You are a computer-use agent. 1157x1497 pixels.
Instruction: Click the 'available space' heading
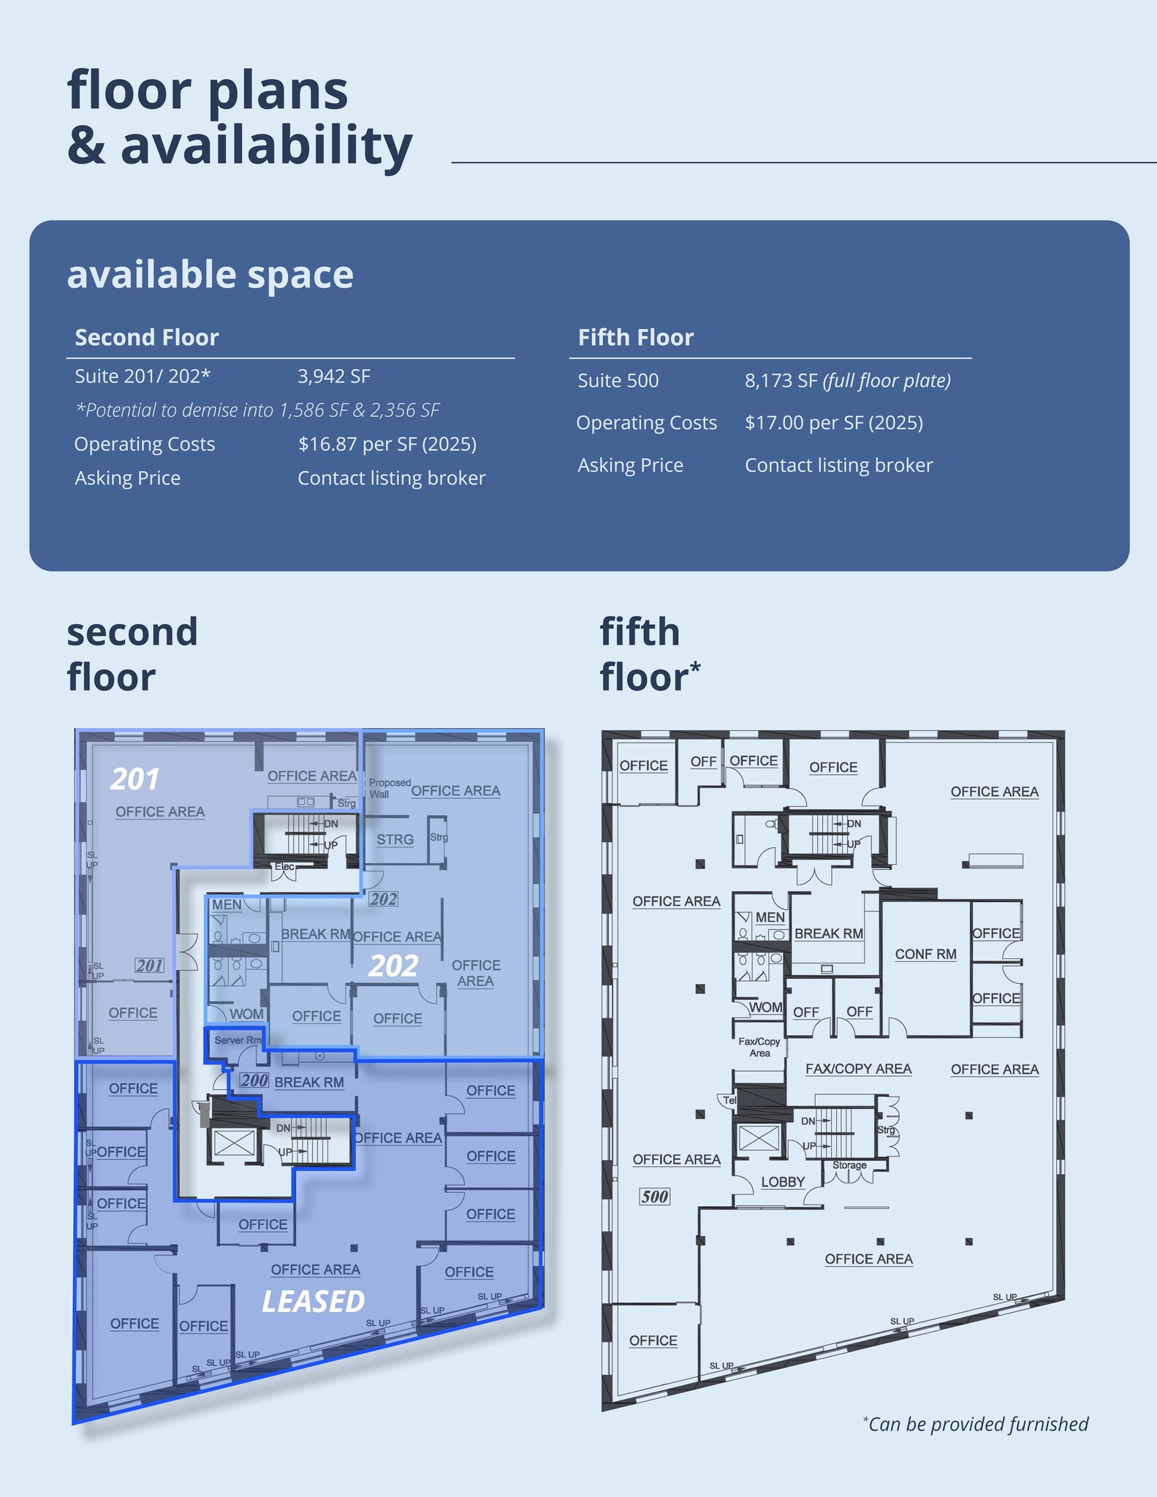(x=210, y=275)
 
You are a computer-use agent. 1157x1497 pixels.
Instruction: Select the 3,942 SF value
(x=333, y=376)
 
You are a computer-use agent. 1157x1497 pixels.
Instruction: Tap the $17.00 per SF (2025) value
(x=833, y=423)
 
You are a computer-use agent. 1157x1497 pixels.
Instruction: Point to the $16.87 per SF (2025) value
(x=387, y=444)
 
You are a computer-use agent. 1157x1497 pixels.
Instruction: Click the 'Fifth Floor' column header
(x=635, y=338)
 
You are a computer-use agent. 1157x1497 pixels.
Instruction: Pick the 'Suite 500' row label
(x=618, y=381)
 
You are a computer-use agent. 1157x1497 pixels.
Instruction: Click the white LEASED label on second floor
(x=313, y=1302)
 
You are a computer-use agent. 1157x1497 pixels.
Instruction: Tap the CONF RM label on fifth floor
(x=925, y=954)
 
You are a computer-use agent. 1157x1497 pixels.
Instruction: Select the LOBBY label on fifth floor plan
(x=782, y=1182)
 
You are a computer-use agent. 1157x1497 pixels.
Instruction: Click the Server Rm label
(x=238, y=1040)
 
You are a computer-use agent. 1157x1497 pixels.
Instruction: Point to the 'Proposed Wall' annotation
(x=389, y=788)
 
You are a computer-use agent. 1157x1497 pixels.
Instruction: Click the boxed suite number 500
(x=654, y=1197)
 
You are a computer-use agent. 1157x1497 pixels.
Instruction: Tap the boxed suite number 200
(x=254, y=1080)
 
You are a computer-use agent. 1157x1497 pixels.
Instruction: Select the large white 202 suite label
(x=393, y=966)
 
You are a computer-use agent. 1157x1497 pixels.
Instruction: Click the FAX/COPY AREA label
(x=858, y=1069)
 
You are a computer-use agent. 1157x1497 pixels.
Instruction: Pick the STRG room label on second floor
(x=395, y=840)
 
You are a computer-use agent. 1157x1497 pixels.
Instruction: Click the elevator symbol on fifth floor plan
(x=759, y=1137)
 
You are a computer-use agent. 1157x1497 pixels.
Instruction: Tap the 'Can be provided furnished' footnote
(x=975, y=1424)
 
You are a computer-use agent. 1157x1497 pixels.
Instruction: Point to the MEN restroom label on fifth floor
(x=770, y=917)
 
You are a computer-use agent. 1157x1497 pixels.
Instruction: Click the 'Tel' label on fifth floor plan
(x=729, y=1100)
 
